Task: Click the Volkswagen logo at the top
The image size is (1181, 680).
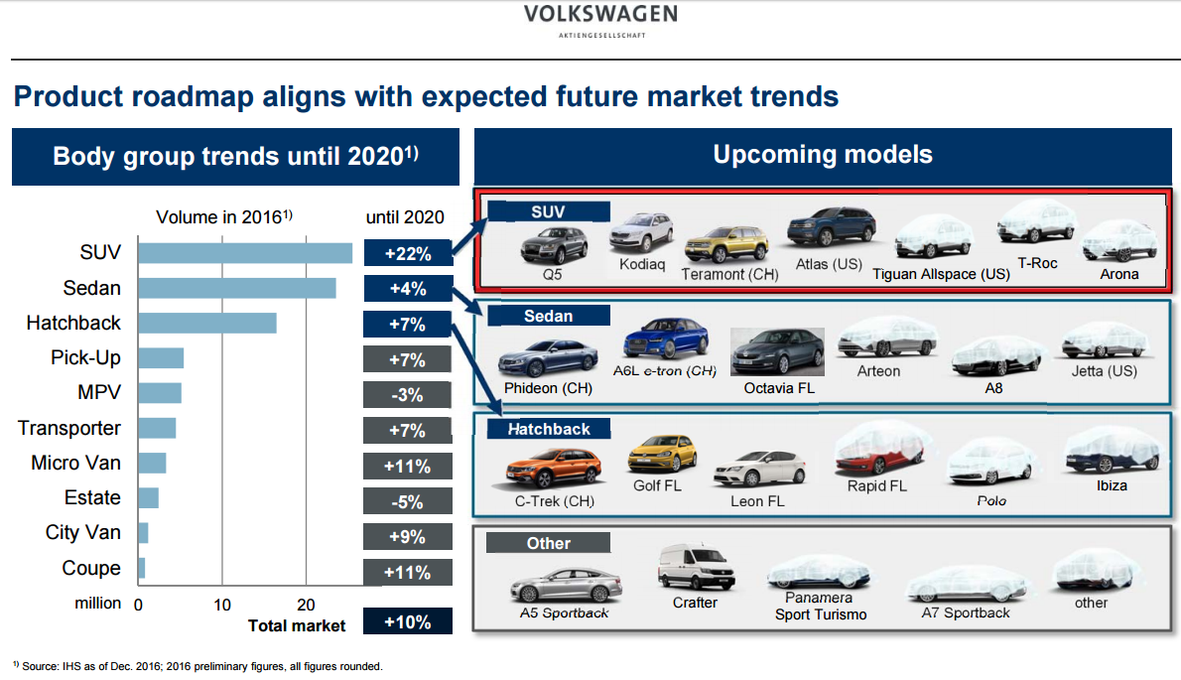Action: tap(601, 20)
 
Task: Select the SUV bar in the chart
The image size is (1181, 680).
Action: tap(245, 253)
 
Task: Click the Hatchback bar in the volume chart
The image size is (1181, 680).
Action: tap(206, 324)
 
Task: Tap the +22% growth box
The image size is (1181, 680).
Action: tap(408, 253)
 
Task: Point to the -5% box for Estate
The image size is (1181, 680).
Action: tap(408, 501)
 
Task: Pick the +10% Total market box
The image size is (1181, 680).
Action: tap(408, 622)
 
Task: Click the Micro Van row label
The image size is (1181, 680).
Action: tap(76, 463)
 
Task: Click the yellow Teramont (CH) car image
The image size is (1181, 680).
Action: tap(726, 245)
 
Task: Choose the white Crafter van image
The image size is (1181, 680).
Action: tap(695, 567)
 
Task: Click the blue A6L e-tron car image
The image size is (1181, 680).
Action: tap(664, 340)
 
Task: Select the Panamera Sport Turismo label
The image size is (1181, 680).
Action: tap(820, 606)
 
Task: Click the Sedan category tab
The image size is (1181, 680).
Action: tap(549, 316)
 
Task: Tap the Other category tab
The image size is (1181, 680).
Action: tap(548, 543)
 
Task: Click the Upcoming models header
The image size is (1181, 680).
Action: tap(823, 155)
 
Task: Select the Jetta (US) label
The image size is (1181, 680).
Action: tap(1104, 371)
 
